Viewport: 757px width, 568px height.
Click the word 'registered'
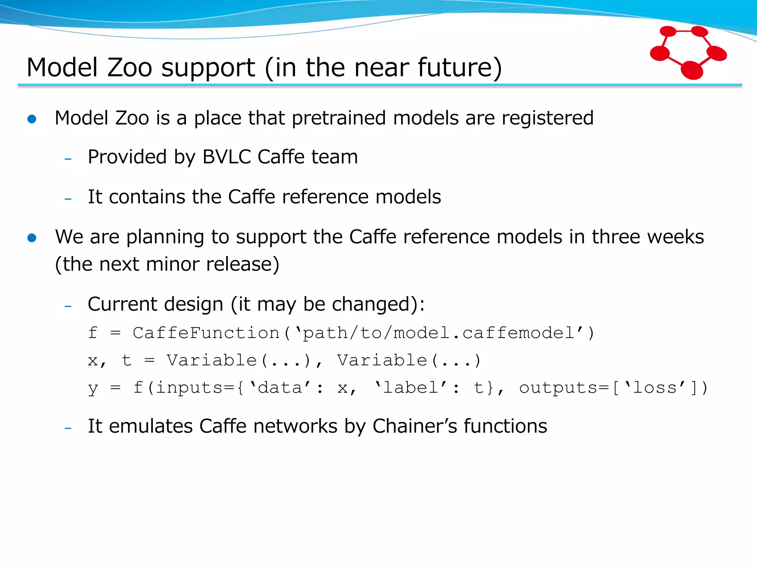click(547, 118)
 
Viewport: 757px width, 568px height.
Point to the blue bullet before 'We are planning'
click(32, 238)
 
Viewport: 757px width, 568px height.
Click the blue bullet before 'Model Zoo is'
click(32, 119)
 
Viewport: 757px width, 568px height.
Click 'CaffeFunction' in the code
click(206, 333)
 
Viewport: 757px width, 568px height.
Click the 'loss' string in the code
click(655, 388)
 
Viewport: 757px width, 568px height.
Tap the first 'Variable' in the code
click(211, 360)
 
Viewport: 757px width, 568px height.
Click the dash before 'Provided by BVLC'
click(68, 159)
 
